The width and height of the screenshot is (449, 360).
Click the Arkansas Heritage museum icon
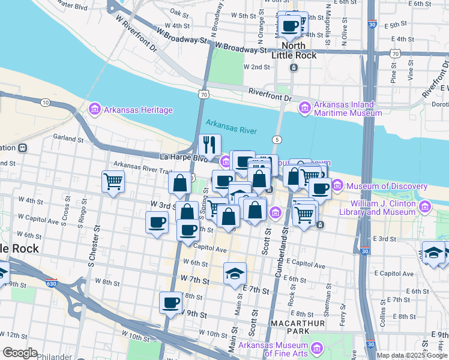pos(94,110)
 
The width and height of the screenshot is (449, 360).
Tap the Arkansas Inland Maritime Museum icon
pos(305,107)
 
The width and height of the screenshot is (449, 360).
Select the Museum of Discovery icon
pos(336,187)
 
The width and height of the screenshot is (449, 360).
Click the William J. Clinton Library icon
pos(426,207)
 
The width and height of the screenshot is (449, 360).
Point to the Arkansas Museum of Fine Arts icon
pos(316,349)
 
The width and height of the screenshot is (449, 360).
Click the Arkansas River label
pos(231,127)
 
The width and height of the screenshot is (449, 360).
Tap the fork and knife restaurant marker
pos(209,145)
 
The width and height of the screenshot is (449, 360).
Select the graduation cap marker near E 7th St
pos(235,274)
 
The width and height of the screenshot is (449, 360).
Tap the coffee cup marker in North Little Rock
pos(291,25)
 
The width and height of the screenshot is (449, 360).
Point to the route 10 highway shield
pos(45,103)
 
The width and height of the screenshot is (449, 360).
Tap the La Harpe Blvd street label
pos(181,158)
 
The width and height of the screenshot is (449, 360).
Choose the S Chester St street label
pos(92,247)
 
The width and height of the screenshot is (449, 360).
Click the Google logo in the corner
pos(20,352)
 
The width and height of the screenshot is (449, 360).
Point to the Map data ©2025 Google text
pos(412,355)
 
